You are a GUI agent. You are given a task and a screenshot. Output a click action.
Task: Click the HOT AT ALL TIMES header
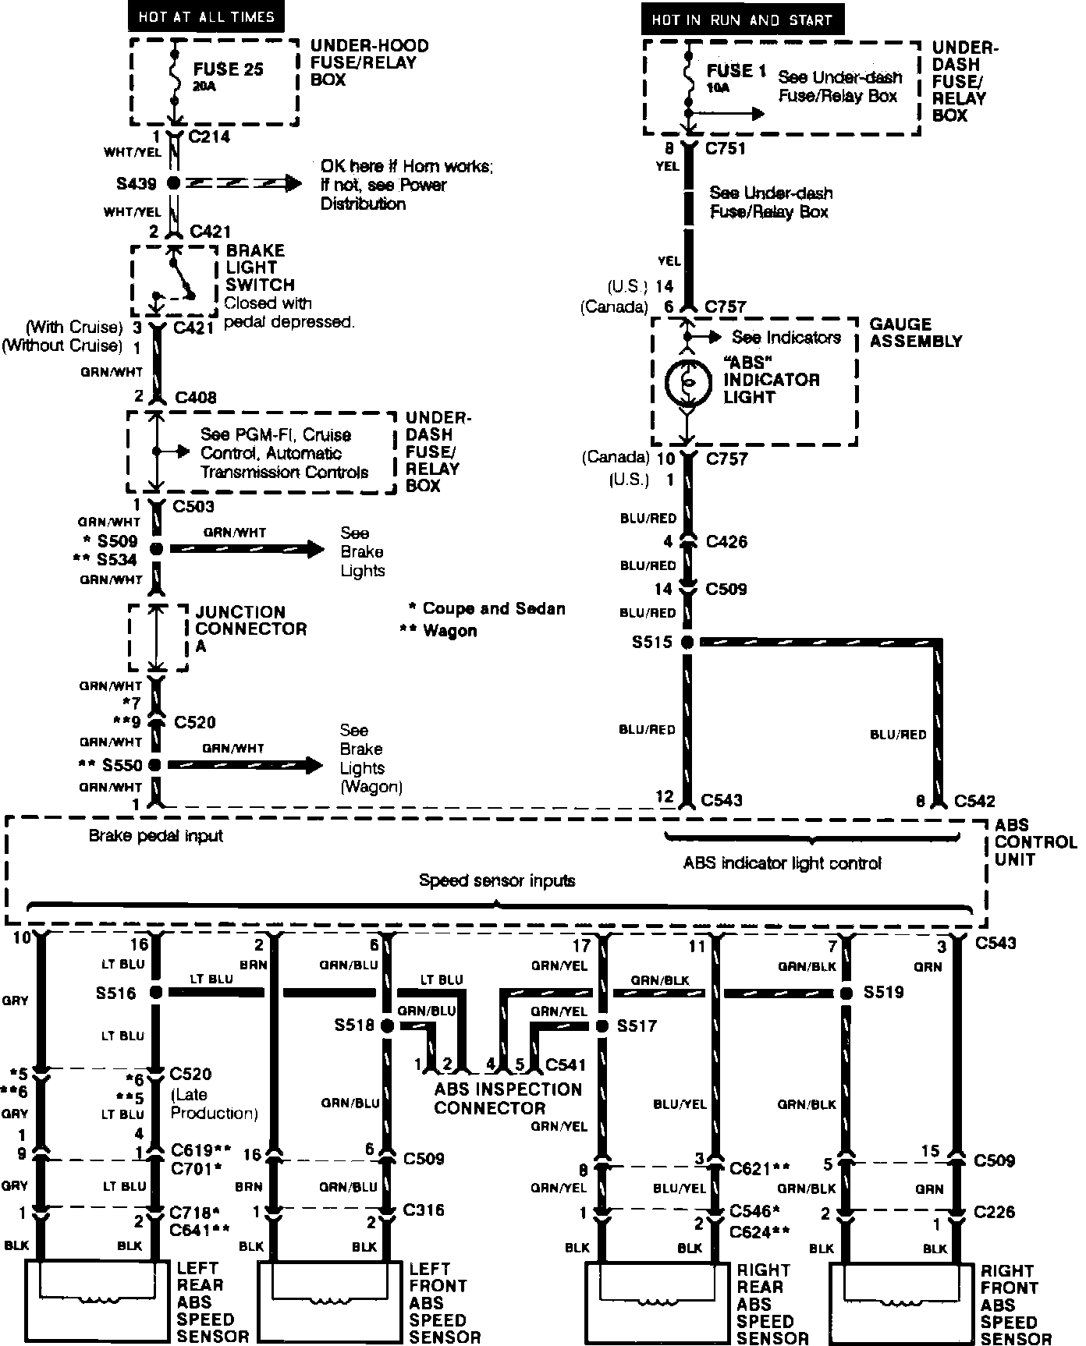(x=207, y=16)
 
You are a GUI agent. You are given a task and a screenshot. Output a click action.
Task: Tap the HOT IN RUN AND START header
(x=742, y=19)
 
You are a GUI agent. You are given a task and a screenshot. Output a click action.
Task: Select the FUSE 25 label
(x=229, y=69)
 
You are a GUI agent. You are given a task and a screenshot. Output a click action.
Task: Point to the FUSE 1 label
(x=736, y=71)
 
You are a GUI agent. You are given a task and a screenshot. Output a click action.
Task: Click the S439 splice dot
(x=173, y=184)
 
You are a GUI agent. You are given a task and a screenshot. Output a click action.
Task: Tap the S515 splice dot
(x=687, y=643)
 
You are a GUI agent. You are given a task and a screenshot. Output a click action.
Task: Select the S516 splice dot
(x=156, y=993)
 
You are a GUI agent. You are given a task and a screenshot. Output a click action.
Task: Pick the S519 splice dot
(x=846, y=994)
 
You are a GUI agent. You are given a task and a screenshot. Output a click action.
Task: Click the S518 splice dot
(x=387, y=1026)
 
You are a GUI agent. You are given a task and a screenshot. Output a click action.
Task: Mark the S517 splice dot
(x=602, y=1026)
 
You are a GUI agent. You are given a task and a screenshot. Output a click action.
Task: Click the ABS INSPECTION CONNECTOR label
(x=508, y=1098)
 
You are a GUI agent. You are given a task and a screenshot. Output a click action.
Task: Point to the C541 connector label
(x=566, y=1064)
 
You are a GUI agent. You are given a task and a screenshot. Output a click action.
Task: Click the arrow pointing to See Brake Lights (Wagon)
(x=245, y=765)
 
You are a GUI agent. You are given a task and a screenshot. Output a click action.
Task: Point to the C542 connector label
(x=974, y=801)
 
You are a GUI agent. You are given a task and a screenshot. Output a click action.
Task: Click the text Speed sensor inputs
(x=497, y=880)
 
